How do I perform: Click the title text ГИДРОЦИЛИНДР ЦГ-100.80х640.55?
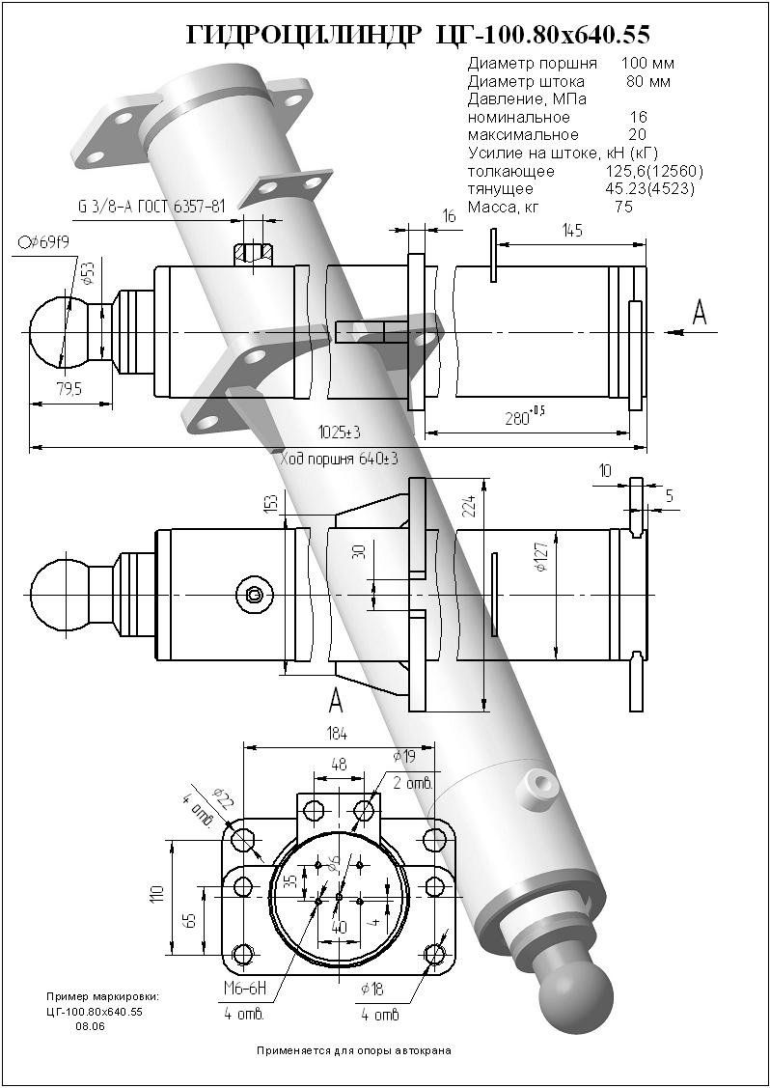pos(417,36)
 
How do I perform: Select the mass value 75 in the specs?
pos(622,207)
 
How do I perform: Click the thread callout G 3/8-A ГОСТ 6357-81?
pos(151,207)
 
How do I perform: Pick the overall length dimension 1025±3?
pos(337,431)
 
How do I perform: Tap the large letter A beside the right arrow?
pos(700,311)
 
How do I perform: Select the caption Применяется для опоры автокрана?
pos(353,1049)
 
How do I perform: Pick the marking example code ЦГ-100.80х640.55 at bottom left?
pos(94,1011)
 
